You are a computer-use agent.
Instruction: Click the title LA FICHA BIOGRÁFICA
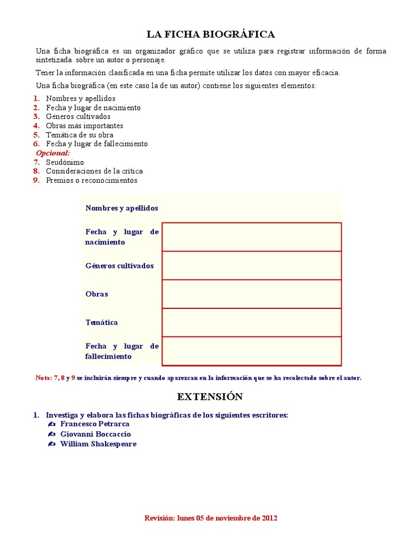(x=211, y=35)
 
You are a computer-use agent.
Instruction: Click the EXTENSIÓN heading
(x=210, y=397)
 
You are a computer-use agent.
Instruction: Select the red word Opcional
(x=53, y=153)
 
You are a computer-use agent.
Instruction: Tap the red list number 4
(x=36, y=126)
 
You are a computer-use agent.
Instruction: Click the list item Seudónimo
(x=65, y=162)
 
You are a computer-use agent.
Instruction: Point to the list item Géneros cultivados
(x=78, y=116)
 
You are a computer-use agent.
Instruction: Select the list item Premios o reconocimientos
(x=92, y=180)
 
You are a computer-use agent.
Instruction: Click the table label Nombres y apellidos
(x=122, y=208)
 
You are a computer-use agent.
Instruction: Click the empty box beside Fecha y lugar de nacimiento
(x=251, y=237)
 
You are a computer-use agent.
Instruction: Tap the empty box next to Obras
(x=251, y=294)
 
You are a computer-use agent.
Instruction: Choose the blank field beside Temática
(x=251, y=322)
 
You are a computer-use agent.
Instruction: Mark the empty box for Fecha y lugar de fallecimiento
(x=251, y=351)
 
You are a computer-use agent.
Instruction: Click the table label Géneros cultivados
(x=119, y=266)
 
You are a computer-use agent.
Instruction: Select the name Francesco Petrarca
(x=95, y=424)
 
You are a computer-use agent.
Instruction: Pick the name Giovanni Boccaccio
(x=95, y=434)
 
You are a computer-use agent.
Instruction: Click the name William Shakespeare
(x=98, y=444)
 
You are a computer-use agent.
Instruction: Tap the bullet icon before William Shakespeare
(x=51, y=444)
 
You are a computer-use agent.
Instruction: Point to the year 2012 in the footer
(x=269, y=518)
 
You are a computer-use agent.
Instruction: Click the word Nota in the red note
(x=43, y=378)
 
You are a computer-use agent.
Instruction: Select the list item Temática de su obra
(x=80, y=135)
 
